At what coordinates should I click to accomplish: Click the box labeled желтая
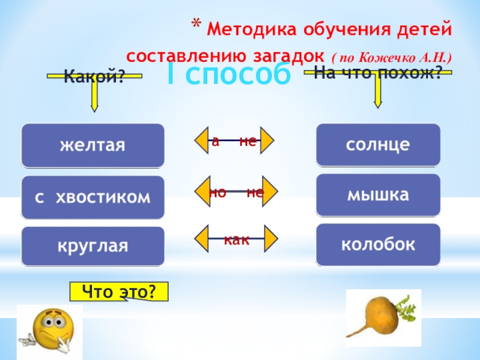point(92,145)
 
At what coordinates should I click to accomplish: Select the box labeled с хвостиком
point(92,197)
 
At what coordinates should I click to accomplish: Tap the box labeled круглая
point(92,246)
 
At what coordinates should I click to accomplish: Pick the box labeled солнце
point(378,145)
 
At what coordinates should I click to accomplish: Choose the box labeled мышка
point(378,195)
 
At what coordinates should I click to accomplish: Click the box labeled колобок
point(378,245)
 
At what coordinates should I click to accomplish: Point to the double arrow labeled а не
point(234,142)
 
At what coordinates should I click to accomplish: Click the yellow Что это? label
point(119,292)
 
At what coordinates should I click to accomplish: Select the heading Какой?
point(94,76)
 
